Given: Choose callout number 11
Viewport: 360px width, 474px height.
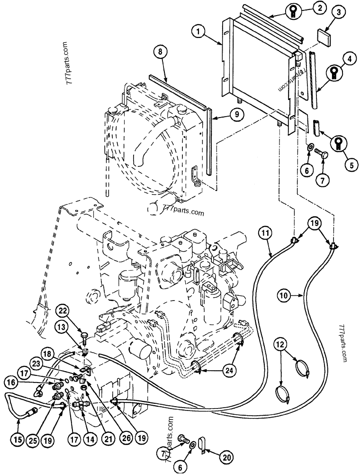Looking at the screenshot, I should [266, 232].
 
